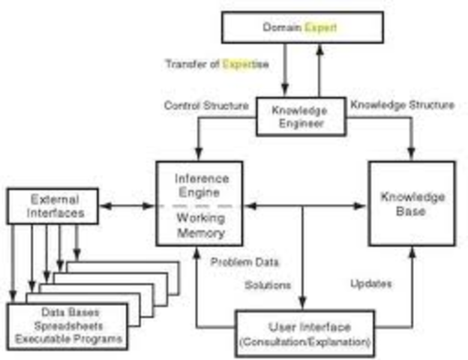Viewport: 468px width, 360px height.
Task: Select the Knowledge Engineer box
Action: tap(300, 117)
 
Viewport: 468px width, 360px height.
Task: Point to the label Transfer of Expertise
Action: tap(217, 64)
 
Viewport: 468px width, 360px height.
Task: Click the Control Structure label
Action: tap(206, 106)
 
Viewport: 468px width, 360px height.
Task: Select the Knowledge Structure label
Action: tap(402, 106)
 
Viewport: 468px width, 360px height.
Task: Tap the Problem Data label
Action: tap(244, 262)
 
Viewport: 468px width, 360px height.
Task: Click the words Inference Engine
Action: tap(199, 186)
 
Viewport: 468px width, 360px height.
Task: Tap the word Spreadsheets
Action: tap(67, 325)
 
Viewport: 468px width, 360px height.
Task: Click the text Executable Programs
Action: tap(67, 339)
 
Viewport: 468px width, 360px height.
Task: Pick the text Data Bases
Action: tap(67, 311)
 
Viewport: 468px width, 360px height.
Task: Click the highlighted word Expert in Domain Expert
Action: tap(320, 28)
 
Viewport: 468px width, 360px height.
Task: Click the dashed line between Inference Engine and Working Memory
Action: tap(199, 205)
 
